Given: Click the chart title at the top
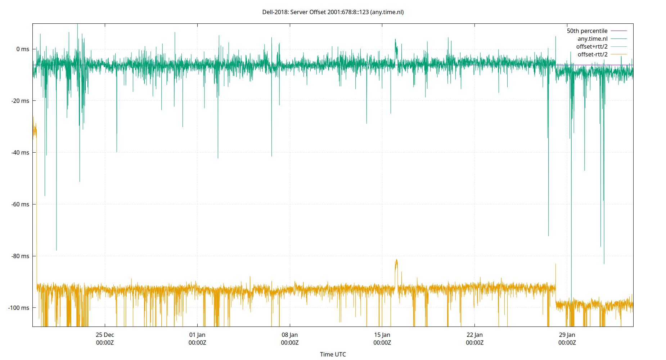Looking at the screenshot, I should [333, 12].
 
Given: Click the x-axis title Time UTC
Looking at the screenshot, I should [333, 354].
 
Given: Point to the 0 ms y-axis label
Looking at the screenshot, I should [23, 49].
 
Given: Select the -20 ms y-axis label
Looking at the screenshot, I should [21, 101].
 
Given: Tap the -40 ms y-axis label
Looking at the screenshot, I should [21, 153].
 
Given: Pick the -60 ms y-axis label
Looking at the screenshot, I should [21, 204].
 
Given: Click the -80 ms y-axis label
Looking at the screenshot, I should [21, 256].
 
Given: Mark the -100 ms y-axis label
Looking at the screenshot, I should [19, 308].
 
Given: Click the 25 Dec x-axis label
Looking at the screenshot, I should [105, 338].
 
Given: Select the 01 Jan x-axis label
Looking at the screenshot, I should [197, 338].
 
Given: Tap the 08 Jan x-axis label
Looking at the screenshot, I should [290, 338].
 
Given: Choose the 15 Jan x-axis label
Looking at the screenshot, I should [382, 338].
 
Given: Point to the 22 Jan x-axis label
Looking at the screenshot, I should [474, 338].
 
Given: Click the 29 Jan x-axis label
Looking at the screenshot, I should [567, 338].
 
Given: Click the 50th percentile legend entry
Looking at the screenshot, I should [587, 31].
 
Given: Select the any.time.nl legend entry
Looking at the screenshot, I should [592, 39].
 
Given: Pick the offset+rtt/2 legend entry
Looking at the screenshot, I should [591, 47].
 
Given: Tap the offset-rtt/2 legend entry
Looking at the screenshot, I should [592, 55].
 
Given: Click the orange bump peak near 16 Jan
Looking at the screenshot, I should [396, 260].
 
